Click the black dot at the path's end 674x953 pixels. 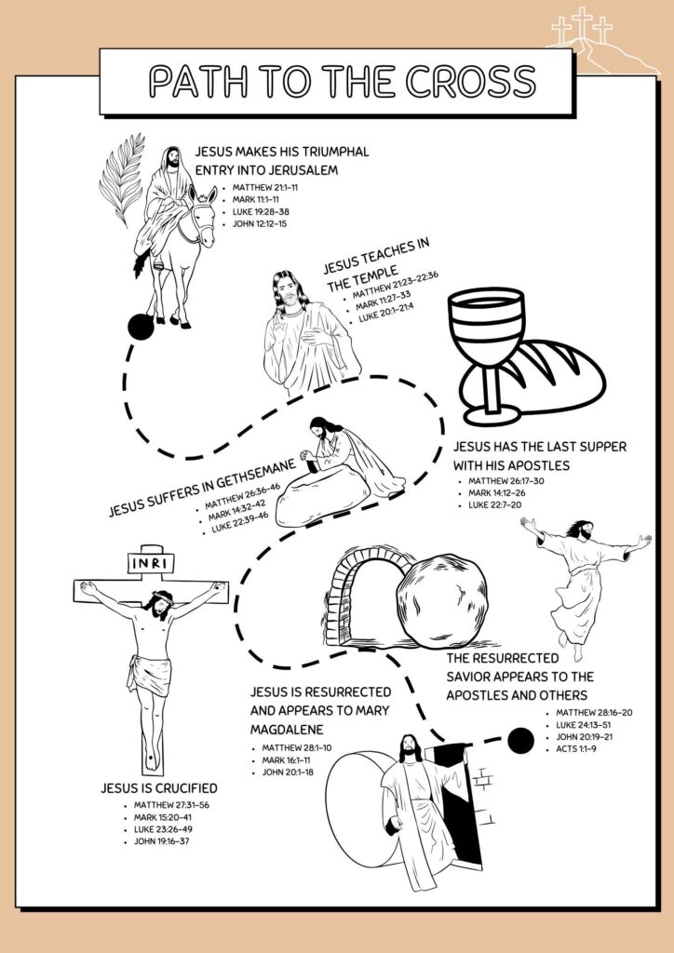(520, 740)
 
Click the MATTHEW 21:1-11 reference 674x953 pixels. (265, 187)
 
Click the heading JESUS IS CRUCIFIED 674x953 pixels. (159, 788)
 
